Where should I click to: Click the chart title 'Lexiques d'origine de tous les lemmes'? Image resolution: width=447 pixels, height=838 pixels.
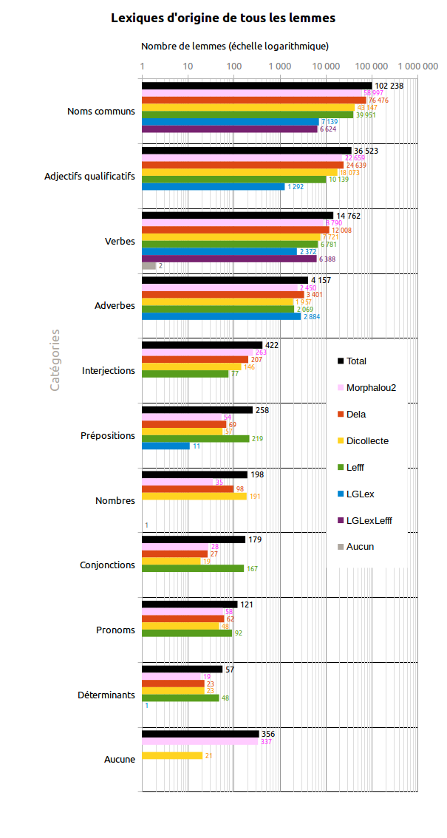tap(223, 18)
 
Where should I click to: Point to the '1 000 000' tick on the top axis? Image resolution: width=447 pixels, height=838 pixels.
tap(418, 67)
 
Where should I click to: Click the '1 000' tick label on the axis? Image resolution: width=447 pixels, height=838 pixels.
tap(280, 67)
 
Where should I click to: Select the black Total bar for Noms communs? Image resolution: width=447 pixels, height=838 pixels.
tap(256, 86)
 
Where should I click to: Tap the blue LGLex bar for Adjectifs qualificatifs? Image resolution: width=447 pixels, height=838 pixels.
tap(213, 186)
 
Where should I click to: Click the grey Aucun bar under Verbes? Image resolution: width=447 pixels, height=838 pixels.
tap(149, 265)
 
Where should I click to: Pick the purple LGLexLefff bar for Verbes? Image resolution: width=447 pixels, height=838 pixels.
tap(229, 259)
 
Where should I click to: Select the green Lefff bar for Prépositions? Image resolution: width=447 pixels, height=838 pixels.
tap(195, 438)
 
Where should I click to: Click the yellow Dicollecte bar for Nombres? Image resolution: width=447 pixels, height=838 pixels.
tap(194, 497)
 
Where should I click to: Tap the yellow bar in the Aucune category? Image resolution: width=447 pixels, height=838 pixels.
tap(171, 755)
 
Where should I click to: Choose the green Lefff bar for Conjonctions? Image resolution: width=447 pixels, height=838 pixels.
tap(192, 568)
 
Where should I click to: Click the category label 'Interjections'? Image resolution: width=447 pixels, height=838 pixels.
tap(109, 371)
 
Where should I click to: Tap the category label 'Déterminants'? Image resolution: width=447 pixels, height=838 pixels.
tap(106, 695)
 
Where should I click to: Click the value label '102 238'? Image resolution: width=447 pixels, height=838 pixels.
tap(389, 86)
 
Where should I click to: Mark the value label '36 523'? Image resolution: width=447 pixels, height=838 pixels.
tap(366, 151)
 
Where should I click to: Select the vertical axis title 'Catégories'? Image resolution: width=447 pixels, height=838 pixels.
tap(55, 360)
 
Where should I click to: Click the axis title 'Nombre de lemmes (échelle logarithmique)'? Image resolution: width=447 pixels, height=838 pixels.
tap(235, 46)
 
